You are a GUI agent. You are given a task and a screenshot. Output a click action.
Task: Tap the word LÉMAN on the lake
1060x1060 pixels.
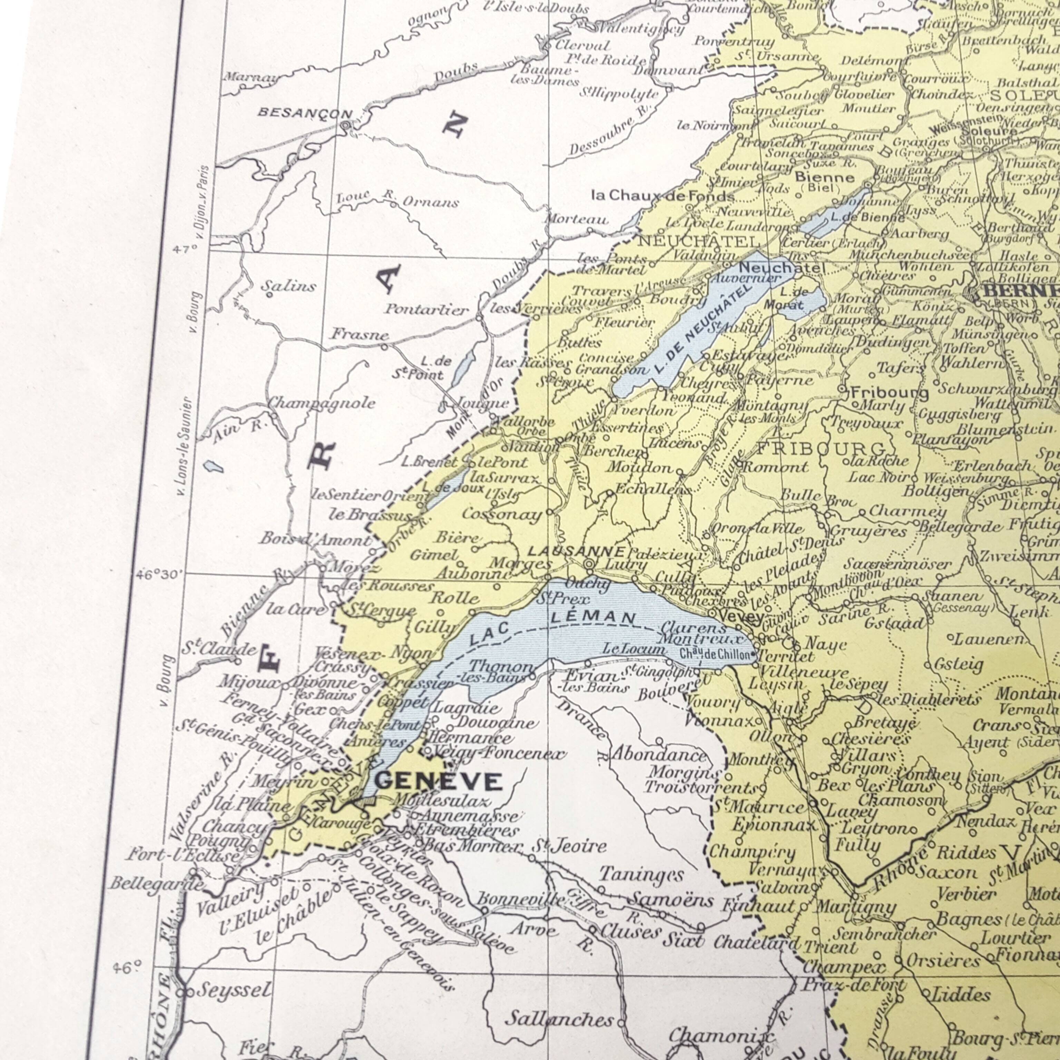[593, 618]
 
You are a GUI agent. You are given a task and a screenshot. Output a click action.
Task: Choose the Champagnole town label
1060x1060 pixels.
[322, 403]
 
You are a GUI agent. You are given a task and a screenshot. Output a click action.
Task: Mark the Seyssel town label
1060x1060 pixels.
[234, 990]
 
